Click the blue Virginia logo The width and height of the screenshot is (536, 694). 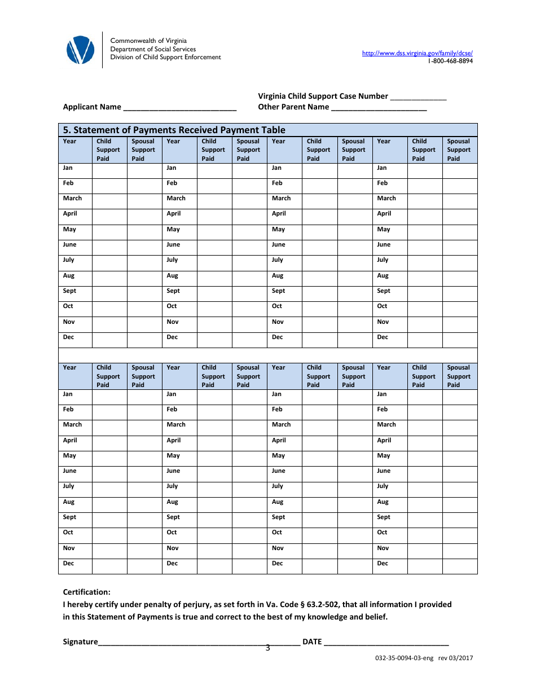click(80, 50)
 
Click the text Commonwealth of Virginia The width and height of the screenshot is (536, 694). click(148, 41)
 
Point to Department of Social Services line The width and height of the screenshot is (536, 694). click(153, 49)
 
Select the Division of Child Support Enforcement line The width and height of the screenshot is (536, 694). click(165, 58)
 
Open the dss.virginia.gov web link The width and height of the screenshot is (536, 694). click(417, 53)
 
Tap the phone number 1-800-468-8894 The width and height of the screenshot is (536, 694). click(450, 61)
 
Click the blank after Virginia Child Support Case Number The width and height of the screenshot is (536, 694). click(418, 96)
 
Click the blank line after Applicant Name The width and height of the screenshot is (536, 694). click(179, 107)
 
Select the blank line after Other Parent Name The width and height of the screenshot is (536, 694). click(379, 107)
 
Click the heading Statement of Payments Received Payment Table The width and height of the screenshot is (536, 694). click(174, 130)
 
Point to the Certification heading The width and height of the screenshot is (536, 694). click(86, 592)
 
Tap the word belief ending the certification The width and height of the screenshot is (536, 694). click(376, 617)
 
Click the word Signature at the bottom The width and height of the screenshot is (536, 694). click(80, 642)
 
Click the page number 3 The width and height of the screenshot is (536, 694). click(268, 648)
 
